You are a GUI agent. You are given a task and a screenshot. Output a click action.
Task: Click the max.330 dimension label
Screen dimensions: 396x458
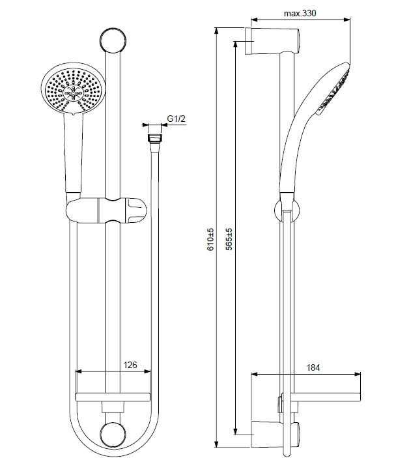[x=300, y=13]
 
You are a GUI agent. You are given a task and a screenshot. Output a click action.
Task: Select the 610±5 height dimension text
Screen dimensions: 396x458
[x=210, y=240]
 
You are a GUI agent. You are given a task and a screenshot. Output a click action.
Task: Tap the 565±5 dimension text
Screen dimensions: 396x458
[x=229, y=240]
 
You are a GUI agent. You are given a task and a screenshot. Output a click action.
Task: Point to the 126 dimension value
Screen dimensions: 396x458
[x=130, y=365]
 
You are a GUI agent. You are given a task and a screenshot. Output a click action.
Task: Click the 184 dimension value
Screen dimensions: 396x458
[x=313, y=367]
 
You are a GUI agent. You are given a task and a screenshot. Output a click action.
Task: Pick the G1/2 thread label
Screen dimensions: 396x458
[x=176, y=119]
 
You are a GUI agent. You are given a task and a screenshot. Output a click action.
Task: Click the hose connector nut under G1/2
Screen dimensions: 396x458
[x=155, y=138]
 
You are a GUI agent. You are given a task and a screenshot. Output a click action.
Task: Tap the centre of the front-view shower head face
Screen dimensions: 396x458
[x=73, y=93]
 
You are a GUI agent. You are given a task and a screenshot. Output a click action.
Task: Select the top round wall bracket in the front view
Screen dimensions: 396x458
[x=113, y=40]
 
